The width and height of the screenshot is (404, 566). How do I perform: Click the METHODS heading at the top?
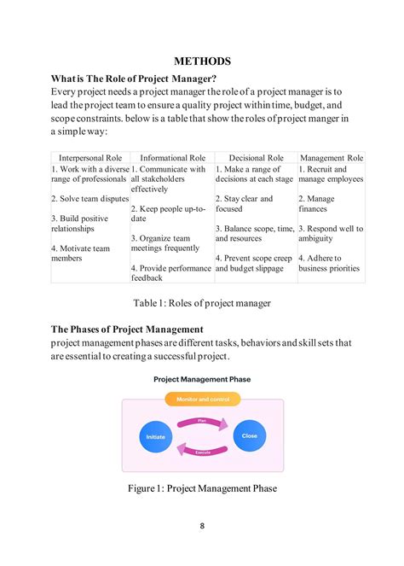(202, 61)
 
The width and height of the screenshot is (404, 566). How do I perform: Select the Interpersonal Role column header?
(90, 158)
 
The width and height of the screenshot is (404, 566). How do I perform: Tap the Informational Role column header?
(172, 158)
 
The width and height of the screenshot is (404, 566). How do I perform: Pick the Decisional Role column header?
(256, 158)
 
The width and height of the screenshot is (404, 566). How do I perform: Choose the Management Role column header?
(332, 158)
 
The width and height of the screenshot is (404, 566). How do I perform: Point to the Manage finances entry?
(316, 203)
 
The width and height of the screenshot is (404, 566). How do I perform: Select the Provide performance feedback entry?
(170, 272)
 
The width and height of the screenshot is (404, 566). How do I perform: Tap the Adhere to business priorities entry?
(330, 262)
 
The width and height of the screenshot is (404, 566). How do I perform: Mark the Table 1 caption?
(202, 302)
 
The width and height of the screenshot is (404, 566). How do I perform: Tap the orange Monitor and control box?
(203, 399)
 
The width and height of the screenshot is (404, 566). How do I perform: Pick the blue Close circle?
(249, 435)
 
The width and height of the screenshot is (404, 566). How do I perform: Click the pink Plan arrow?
(202, 421)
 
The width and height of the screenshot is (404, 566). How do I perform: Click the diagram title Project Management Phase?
(202, 378)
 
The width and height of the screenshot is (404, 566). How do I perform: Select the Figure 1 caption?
(202, 488)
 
